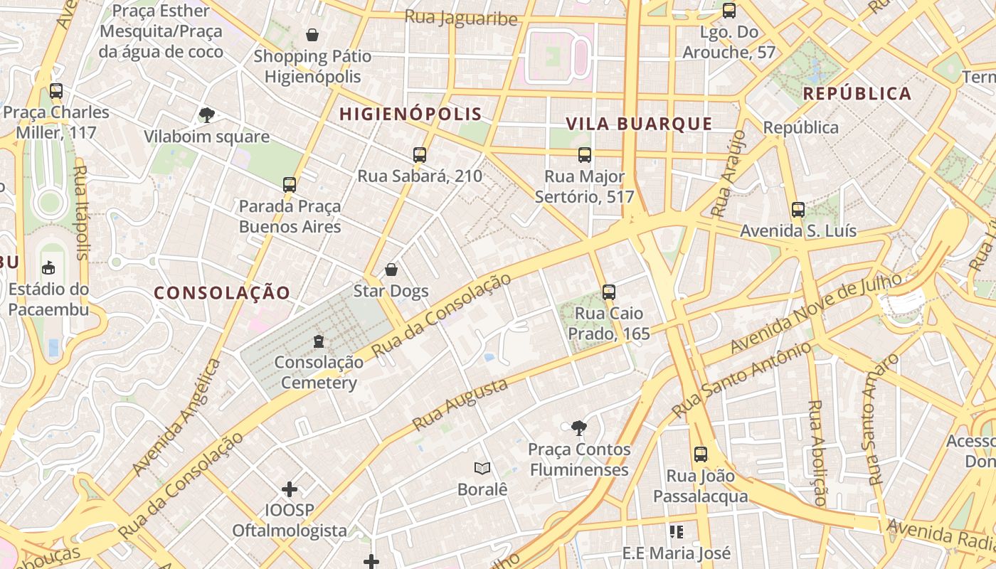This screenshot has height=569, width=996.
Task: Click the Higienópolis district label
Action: (410, 114)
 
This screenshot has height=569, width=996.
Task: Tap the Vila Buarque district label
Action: (639, 124)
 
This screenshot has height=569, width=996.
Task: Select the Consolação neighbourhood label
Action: (222, 292)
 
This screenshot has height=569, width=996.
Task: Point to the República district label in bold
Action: (857, 93)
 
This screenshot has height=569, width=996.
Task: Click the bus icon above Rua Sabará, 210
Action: (420, 154)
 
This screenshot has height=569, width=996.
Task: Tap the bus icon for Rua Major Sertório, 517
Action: (585, 154)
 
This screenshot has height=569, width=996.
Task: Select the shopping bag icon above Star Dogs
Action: (391, 270)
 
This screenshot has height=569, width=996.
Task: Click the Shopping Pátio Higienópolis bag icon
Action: (312, 35)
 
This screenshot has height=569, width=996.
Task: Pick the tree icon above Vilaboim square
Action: (207, 115)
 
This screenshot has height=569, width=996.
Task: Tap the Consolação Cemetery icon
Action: (318, 341)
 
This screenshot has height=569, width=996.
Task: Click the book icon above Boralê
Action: (482, 468)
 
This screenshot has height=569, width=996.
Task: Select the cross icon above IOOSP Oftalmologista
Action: (290, 489)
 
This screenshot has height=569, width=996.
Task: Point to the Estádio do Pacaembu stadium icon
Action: (48, 267)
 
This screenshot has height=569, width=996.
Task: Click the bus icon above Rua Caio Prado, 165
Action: (608, 292)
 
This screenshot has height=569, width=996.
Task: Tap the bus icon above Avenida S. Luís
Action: (798, 209)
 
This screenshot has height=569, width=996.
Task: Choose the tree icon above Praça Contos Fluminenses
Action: (579, 427)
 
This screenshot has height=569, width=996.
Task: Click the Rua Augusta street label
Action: (460, 404)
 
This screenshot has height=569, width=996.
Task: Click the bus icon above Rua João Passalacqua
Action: (701, 454)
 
